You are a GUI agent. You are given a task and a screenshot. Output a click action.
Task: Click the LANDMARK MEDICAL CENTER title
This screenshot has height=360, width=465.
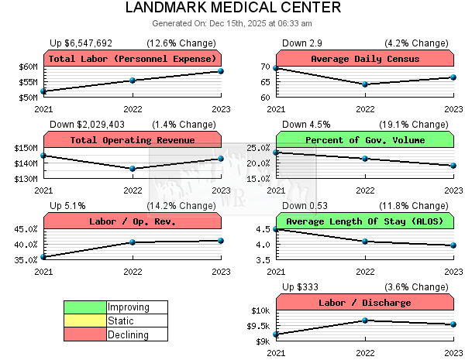click(232, 9)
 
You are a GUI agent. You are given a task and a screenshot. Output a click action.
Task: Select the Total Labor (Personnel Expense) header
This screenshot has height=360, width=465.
click(133, 59)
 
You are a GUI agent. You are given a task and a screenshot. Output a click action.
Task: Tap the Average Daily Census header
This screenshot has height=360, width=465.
click(365, 59)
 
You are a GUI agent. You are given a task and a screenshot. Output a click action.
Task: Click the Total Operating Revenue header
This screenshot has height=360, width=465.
click(133, 140)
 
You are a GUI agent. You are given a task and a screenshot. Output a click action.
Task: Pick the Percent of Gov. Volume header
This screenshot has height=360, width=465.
click(365, 140)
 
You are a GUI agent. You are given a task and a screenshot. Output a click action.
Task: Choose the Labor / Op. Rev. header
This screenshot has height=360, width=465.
click(133, 221)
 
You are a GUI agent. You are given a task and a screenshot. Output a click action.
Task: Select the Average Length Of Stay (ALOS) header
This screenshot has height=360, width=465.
click(365, 221)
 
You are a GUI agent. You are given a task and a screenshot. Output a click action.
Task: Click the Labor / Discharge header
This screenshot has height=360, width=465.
click(365, 303)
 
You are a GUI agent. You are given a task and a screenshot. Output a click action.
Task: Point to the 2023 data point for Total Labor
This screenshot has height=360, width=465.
click(221, 71)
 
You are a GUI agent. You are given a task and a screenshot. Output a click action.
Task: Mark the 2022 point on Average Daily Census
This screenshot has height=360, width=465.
click(365, 84)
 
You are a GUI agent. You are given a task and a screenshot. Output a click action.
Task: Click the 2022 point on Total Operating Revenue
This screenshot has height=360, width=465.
click(133, 168)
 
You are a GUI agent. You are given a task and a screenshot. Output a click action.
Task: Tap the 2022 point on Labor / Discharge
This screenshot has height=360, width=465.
click(365, 321)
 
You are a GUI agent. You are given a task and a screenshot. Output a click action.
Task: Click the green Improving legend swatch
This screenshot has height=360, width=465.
click(84, 307)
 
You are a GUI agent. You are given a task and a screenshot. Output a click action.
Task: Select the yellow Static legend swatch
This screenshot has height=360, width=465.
click(84, 321)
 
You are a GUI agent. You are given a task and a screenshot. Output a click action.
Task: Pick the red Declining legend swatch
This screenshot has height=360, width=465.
click(84, 334)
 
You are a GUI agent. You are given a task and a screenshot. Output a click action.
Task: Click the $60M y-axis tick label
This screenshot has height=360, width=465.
click(26, 67)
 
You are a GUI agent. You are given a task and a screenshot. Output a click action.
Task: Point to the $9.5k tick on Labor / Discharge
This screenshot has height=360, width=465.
click(258, 326)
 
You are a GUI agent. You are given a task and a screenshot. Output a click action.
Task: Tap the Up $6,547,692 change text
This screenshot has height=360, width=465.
click(81, 43)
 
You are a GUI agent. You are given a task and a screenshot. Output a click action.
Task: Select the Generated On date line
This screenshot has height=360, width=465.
click(232, 24)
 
